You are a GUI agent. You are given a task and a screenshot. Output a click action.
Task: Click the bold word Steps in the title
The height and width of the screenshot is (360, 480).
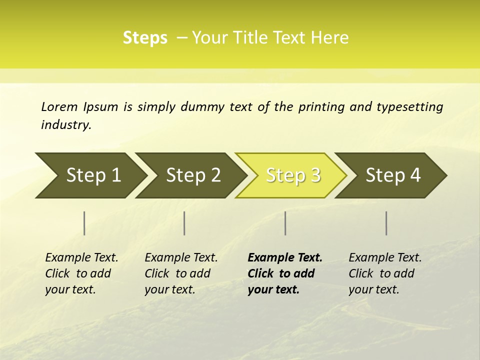click(145, 38)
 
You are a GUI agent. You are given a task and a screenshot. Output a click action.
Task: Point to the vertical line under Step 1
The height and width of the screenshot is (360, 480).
click(84, 223)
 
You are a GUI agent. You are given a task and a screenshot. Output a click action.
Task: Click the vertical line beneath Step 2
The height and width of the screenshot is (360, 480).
click(184, 223)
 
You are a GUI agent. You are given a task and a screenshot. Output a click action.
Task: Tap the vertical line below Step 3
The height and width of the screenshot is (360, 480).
click(285, 223)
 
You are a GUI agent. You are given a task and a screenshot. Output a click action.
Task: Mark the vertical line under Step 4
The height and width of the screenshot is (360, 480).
click(386, 223)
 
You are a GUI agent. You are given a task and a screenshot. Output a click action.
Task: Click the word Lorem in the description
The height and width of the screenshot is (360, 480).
click(59, 107)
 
